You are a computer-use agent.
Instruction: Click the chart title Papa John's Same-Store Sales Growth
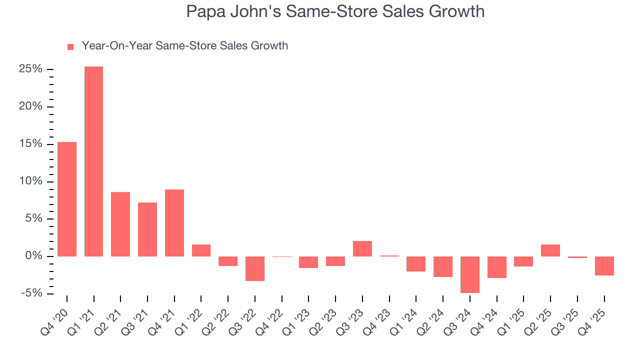335,11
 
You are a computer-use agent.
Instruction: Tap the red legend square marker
70,46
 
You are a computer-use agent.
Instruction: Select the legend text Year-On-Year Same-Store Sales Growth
184,46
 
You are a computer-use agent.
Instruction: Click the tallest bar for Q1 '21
93,161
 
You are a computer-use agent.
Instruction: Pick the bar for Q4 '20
67,199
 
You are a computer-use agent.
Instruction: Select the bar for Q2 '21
120,224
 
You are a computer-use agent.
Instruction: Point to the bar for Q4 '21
174,222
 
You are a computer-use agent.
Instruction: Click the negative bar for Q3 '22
254,268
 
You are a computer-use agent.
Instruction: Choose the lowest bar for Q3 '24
469,274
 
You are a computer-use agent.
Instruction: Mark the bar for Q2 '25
550,250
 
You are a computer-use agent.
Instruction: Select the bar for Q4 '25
604,266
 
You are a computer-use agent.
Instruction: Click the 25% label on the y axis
30,69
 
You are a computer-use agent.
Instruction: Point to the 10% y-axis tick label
30,181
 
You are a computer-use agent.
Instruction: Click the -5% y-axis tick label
31,293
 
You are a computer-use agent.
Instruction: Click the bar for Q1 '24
416,263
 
